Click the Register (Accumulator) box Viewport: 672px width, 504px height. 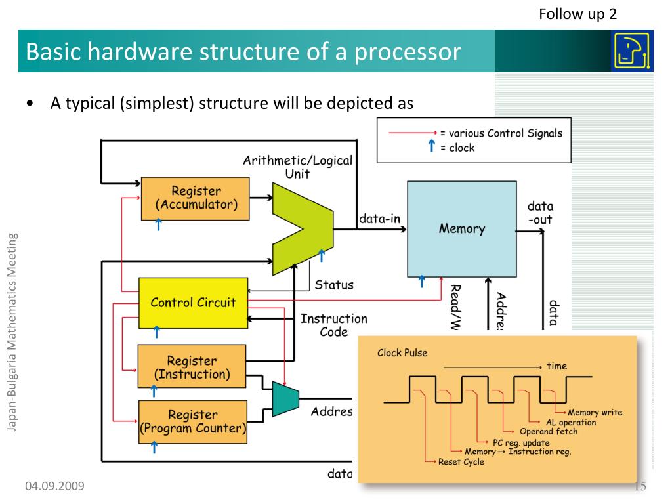pyautogui.click(x=196, y=198)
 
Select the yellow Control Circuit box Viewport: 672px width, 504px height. pyautogui.click(x=193, y=303)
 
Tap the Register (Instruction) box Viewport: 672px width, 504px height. pyautogui.click(x=192, y=367)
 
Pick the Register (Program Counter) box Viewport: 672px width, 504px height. pyautogui.click(x=193, y=422)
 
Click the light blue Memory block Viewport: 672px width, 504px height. pyautogui.click(x=461, y=228)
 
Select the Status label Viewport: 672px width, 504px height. pyautogui.click(x=333, y=285)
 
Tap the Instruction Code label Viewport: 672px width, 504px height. pyautogui.click(x=333, y=325)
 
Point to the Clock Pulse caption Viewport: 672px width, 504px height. pyautogui.click(x=402, y=353)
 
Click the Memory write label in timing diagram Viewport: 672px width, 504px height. pyautogui.click(x=595, y=413)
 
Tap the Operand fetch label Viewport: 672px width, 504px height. pyautogui.click(x=549, y=432)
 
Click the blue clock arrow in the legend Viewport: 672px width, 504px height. pyautogui.click(x=431, y=147)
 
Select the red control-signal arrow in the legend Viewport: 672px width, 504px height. pyautogui.click(x=413, y=133)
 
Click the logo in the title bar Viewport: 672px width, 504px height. pyautogui.click(x=631, y=51)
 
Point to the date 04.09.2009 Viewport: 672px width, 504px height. pyautogui.click(x=55, y=486)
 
